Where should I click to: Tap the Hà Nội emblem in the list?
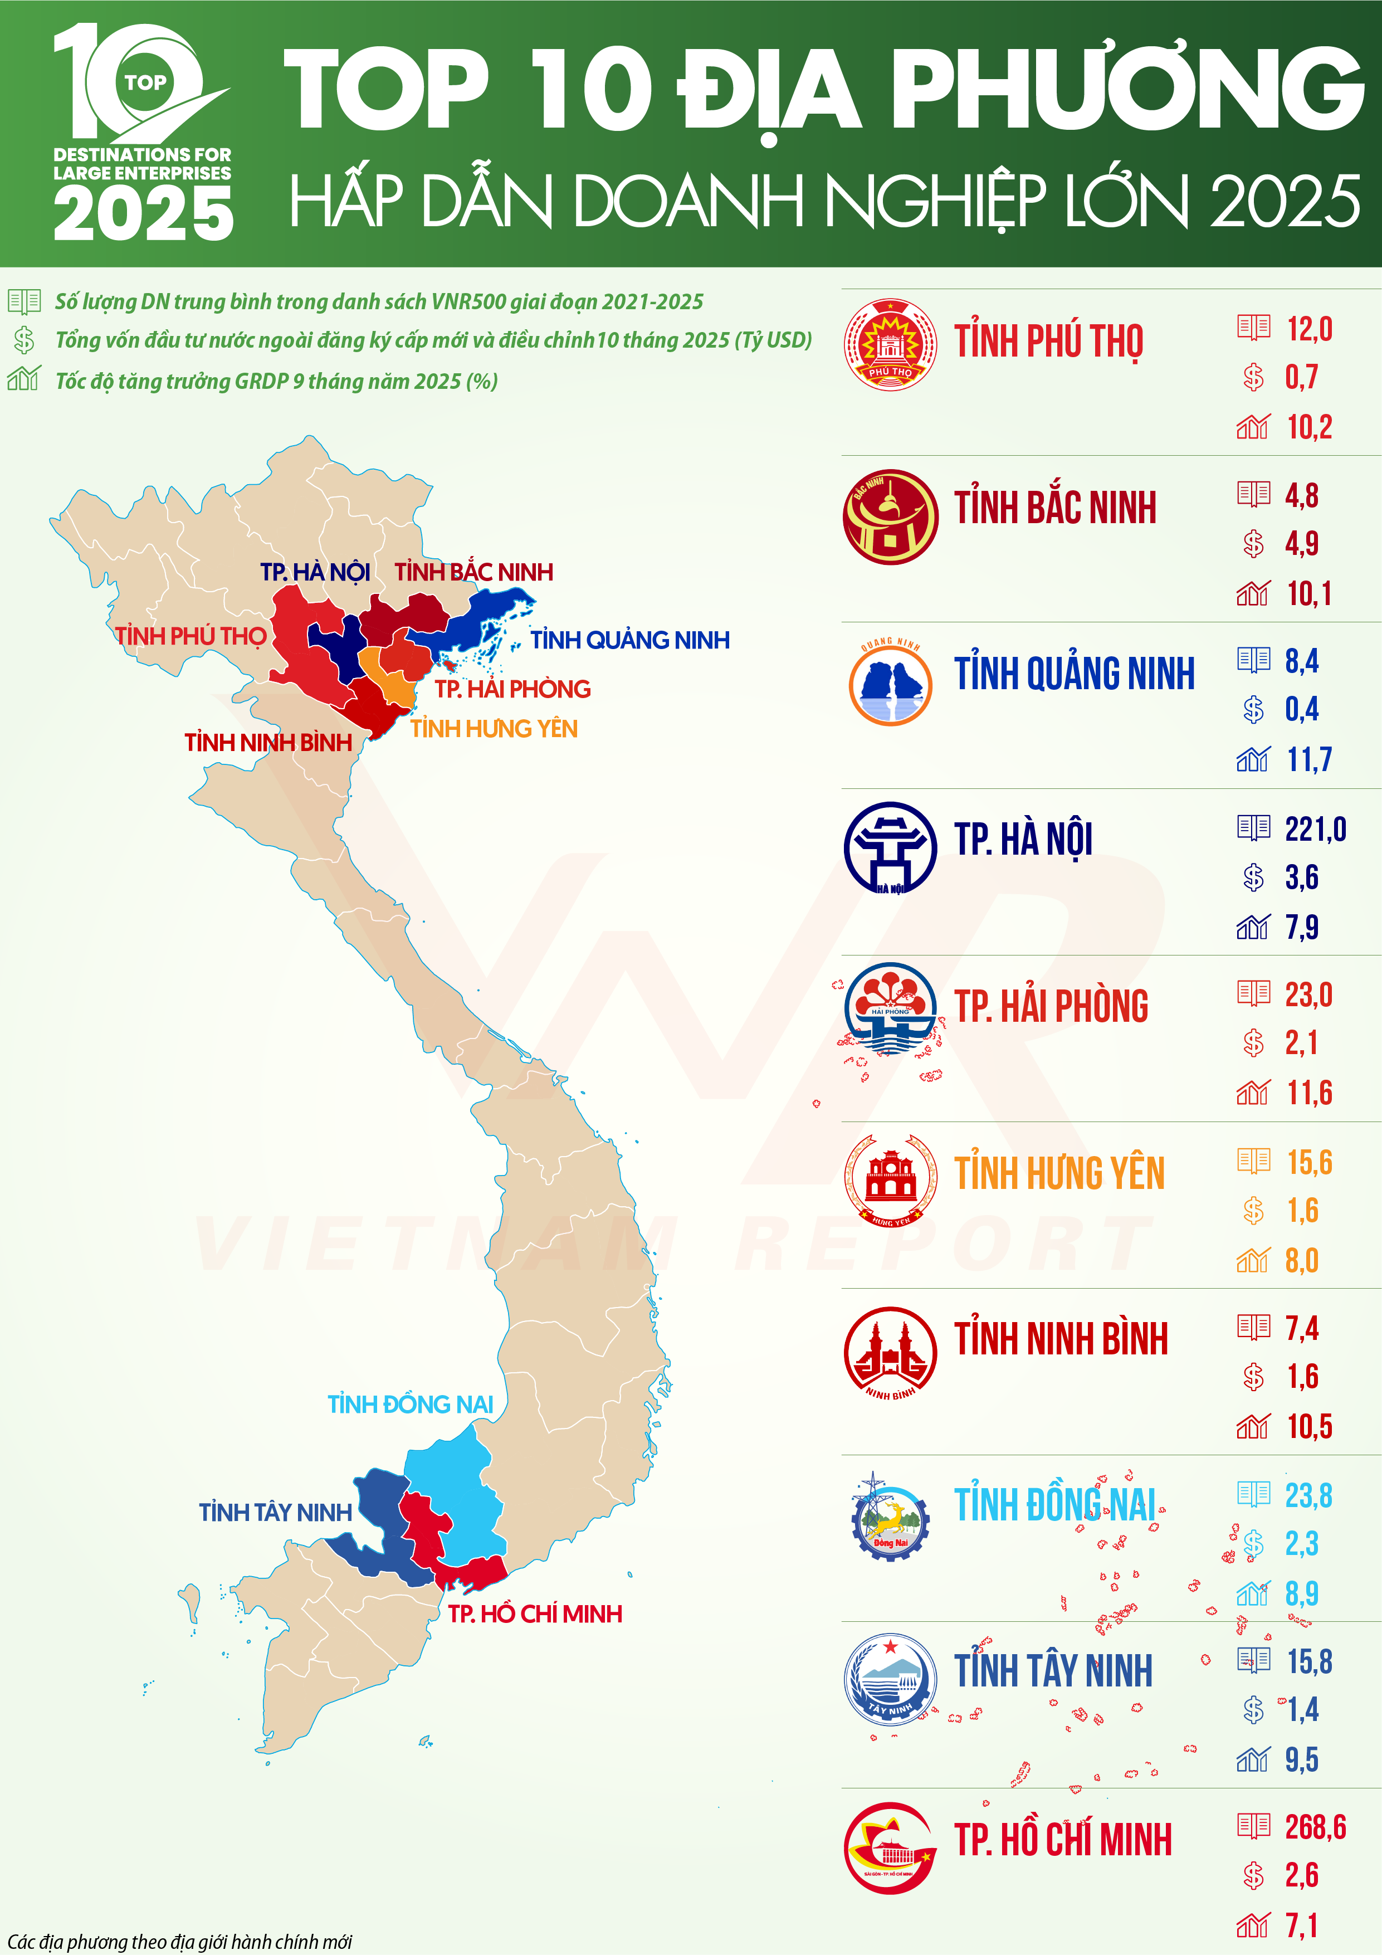click(890, 847)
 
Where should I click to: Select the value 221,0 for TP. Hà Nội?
click(1315, 828)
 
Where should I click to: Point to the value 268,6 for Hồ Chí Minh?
click(1315, 1826)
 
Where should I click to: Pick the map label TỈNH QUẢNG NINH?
click(630, 640)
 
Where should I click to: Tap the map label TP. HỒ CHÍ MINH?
click(535, 1613)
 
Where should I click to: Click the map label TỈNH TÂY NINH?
click(275, 1512)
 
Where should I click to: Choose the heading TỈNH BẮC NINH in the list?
click(1054, 508)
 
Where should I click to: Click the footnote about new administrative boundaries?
click(179, 1942)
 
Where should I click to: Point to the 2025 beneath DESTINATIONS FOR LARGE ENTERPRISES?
click(143, 213)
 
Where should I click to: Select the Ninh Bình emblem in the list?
click(890, 1351)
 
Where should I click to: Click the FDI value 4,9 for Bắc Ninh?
click(1301, 543)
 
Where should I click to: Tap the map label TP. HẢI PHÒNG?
click(512, 688)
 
